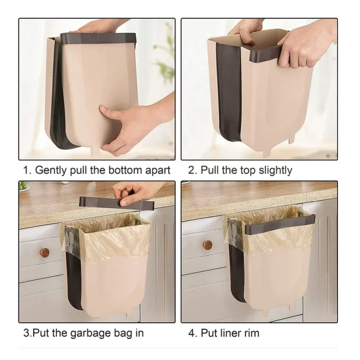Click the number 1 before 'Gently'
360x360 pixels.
coord(27,171)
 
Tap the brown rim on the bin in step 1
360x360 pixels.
coord(98,38)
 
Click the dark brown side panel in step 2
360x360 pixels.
coord(229,92)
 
